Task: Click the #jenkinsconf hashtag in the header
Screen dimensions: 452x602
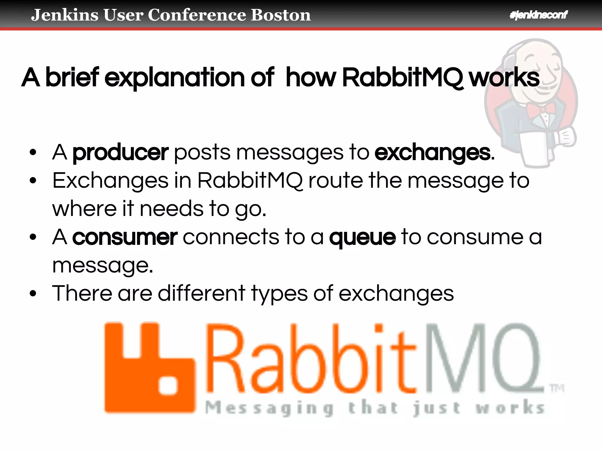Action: [x=538, y=15]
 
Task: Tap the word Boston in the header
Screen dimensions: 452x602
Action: [x=281, y=15]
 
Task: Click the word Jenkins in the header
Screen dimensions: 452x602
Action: [x=64, y=15]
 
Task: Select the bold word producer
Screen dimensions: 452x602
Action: [x=120, y=153]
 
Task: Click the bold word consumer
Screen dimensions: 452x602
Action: [x=125, y=237]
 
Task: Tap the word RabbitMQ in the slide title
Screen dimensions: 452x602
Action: [x=402, y=78]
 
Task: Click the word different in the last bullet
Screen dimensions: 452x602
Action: [x=202, y=293]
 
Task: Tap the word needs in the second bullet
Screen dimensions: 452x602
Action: [x=171, y=209]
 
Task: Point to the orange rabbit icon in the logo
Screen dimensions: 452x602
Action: [x=150, y=368]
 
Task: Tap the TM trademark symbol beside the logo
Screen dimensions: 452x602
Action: [x=557, y=389]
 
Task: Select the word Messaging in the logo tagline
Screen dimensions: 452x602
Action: [x=269, y=408]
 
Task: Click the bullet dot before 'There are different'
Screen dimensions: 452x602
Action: [x=33, y=293]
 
